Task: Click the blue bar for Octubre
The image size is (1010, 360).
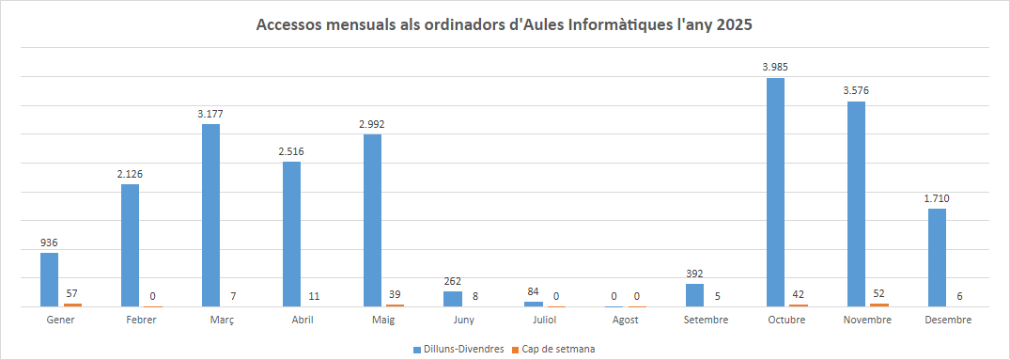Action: [775, 192]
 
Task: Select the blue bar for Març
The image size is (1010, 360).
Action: [210, 215]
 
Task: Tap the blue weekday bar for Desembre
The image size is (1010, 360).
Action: [937, 258]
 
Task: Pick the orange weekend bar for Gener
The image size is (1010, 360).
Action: [72, 305]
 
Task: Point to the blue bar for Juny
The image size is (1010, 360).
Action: [453, 299]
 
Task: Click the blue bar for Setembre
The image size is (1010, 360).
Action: [694, 295]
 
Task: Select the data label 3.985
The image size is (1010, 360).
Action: [775, 67]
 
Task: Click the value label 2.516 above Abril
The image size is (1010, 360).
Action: [291, 151]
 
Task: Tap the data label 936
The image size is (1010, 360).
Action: [49, 243]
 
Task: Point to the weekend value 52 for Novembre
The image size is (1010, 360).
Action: [878, 293]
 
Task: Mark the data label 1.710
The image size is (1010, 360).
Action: [937, 198]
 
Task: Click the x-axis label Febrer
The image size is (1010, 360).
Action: [140, 321]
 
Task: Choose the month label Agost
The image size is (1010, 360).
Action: [625, 321]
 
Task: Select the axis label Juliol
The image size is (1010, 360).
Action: [544, 321]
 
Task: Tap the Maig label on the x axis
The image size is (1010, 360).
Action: [382, 321]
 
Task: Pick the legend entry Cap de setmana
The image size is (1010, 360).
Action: [558, 349]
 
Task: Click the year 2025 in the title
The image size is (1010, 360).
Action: [734, 25]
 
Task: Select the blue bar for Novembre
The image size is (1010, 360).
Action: [856, 204]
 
